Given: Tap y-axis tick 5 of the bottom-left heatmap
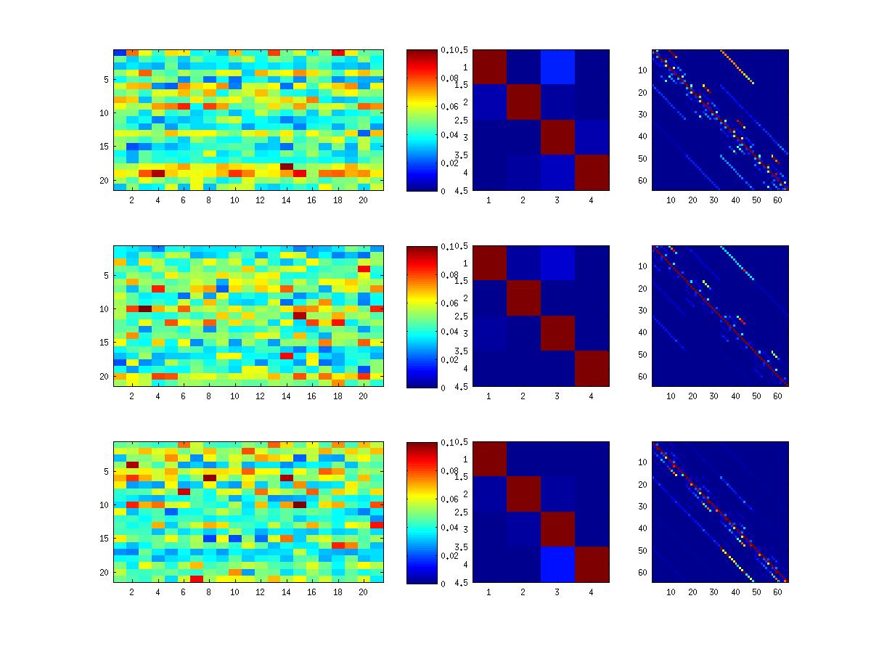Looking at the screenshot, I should (x=107, y=471).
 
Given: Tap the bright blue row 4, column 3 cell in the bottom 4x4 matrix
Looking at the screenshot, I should (x=557, y=565).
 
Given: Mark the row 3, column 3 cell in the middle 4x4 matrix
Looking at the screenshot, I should (x=557, y=333).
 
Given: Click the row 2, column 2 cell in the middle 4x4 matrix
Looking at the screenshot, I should (x=523, y=298).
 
